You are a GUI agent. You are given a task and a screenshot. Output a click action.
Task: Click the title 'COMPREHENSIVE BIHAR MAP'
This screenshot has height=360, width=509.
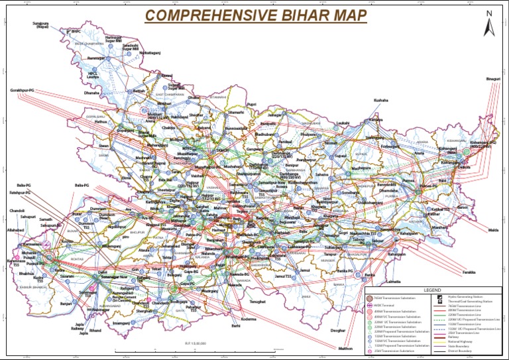(x=256, y=15)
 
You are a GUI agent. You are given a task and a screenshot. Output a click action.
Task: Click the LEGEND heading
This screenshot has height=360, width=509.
(x=432, y=290)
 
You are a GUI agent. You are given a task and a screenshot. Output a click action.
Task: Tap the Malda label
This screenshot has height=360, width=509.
(x=493, y=230)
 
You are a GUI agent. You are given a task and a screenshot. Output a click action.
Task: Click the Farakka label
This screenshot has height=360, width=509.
(x=469, y=272)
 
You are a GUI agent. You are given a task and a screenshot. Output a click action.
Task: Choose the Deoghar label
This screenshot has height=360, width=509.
(x=339, y=330)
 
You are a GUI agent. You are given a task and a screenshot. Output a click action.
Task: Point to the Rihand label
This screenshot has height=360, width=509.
(x=95, y=330)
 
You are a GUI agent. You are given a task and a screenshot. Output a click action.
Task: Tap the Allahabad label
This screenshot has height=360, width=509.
(x=15, y=229)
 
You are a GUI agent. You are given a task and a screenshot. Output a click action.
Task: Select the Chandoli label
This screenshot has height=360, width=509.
(x=18, y=210)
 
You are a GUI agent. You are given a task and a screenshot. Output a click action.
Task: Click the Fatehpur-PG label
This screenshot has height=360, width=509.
(x=21, y=192)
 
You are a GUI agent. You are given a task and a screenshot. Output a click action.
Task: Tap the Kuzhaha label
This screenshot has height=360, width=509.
(x=380, y=100)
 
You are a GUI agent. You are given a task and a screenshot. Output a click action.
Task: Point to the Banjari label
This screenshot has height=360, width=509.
(x=65, y=304)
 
